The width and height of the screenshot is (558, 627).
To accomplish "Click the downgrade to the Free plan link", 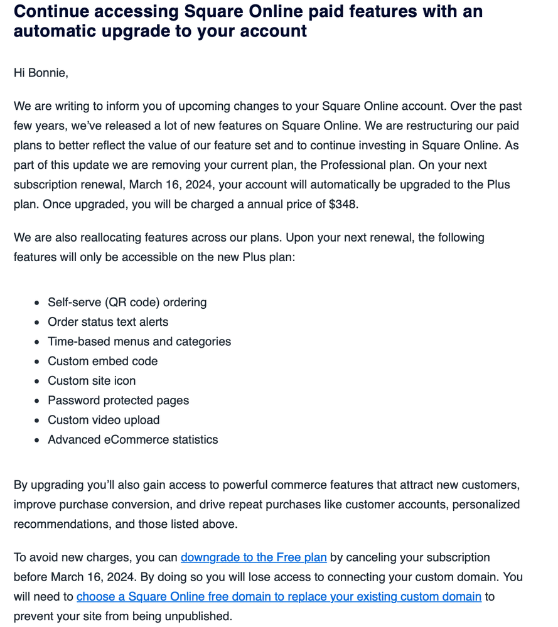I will tap(254, 557).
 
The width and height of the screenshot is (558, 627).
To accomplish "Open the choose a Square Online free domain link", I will tap(279, 596).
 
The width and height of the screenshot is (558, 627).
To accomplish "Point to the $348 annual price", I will tap(342, 204).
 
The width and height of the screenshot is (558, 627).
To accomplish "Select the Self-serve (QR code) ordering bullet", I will tap(127, 303).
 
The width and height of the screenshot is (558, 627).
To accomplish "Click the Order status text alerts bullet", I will tap(108, 322).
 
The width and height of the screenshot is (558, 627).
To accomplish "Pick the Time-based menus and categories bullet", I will tap(139, 341).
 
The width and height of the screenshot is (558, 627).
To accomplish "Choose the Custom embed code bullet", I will tap(102, 361).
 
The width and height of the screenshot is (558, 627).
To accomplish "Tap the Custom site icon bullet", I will tap(92, 381).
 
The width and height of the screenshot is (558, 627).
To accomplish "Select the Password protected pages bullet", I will tap(118, 400).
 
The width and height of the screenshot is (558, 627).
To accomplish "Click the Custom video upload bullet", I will tap(104, 420).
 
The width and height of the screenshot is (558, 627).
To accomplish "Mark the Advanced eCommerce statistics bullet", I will tap(132, 439).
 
